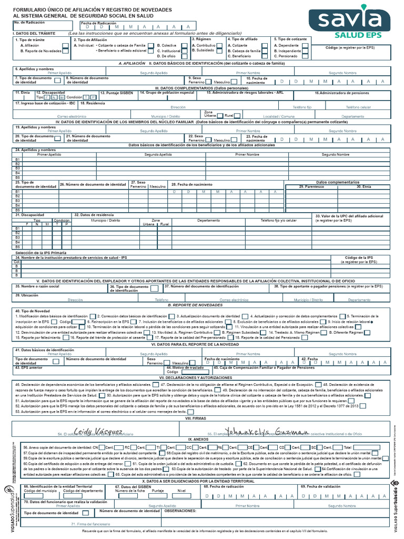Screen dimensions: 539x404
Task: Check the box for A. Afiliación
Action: click(x=65, y=46)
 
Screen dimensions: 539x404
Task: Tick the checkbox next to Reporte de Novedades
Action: click(x=65, y=52)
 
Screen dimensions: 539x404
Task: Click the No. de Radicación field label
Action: click(x=31, y=23)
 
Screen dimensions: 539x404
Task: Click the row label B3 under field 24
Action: click(x=17, y=168)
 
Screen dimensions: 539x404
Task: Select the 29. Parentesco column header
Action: click(x=311, y=186)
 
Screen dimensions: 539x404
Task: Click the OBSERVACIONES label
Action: click(x=181, y=511)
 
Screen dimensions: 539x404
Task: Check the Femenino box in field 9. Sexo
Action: click(x=209, y=82)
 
